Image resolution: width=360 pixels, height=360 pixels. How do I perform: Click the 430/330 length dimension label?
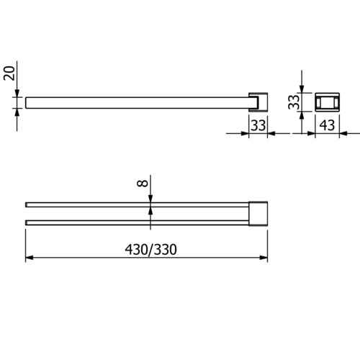pyautogui.click(x=150, y=250)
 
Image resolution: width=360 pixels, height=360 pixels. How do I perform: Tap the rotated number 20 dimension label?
pyautogui.click(x=9, y=73)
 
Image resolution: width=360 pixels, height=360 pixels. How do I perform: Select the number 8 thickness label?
pyautogui.click(x=143, y=183)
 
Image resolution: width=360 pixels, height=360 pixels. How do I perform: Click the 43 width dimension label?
pyautogui.click(x=327, y=125)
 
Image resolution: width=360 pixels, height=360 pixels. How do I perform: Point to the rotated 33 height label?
pyautogui.click(x=294, y=102)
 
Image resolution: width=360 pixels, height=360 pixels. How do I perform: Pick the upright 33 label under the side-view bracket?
pyautogui.click(x=258, y=125)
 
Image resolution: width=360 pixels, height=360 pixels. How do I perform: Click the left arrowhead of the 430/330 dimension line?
pyautogui.click(x=30, y=258)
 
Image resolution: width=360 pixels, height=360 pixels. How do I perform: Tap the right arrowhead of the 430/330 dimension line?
pyautogui.click(x=264, y=258)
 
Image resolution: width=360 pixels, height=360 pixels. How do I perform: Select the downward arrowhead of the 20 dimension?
pyautogui.click(x=17, y=94)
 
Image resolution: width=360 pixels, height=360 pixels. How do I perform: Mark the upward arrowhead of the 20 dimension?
pyautogui.click(x=17, y=112)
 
